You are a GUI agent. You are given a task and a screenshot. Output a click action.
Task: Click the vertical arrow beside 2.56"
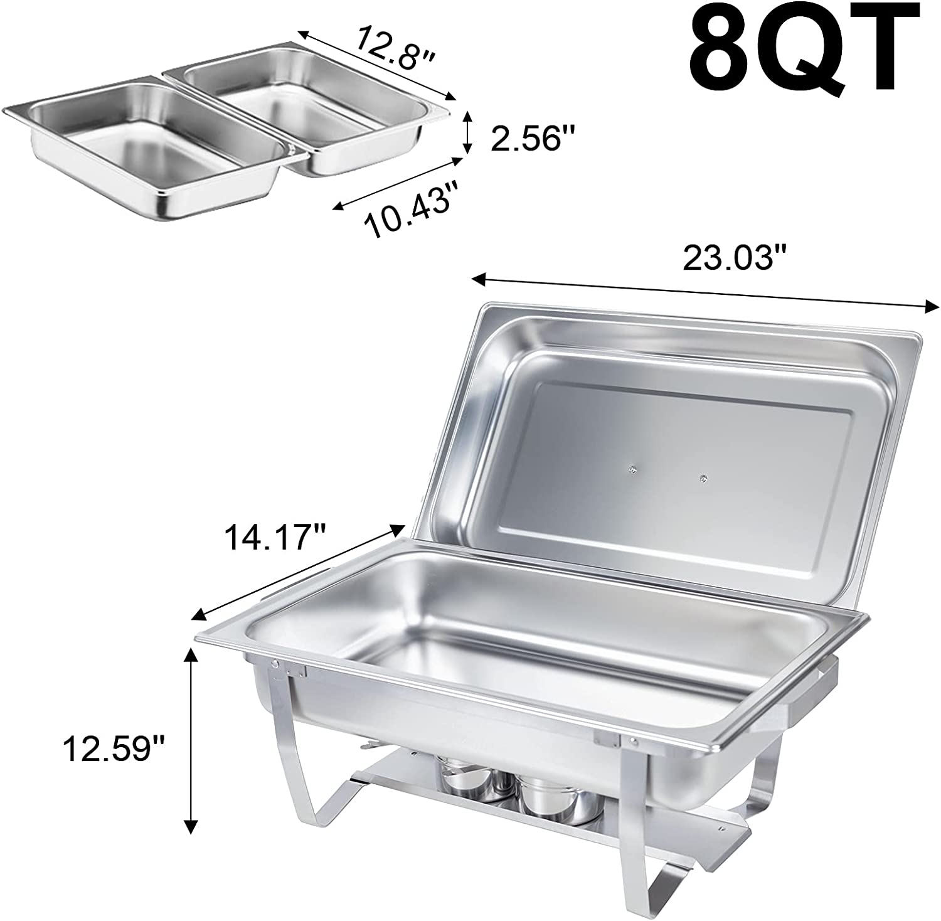coord(466,132)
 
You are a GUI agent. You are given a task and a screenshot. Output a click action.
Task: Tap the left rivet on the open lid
coord(632,467)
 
